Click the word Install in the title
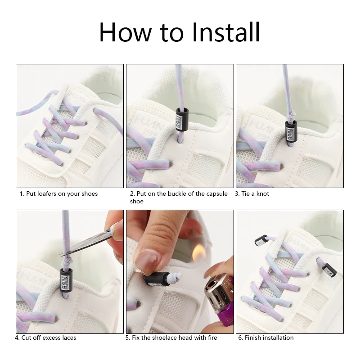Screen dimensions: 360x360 click(x=226, y=32)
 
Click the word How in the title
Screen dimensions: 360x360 click(x=126, y=32)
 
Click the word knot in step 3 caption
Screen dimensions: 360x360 click(x=263, y=193)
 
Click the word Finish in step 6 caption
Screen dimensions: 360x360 click(x=252, y=337)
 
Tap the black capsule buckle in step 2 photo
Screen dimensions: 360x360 click(x=182, y=119)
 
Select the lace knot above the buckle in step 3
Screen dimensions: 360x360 click(x=291, y=116)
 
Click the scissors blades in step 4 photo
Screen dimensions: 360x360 click(x=85, y=244)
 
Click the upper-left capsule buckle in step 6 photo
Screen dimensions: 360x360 click(x=261, y=241)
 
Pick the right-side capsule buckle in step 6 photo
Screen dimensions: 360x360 click(x=329, y=270)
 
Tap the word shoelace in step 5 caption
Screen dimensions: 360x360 click(x=164, y=337)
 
